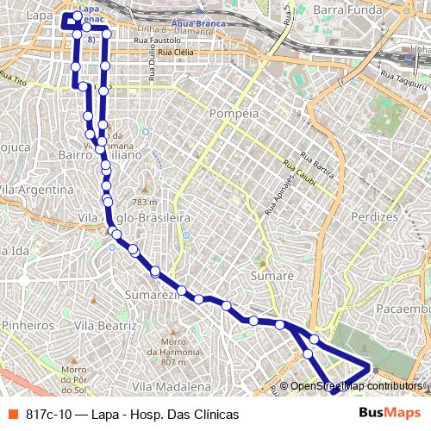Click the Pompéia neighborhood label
tap(234, 113)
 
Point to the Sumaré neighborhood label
tap(272, 276)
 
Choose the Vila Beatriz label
tap(105, 326)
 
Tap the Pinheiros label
tap(28, 326)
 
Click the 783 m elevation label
tap(144, 201)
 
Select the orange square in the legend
tap(13, 414)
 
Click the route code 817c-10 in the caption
tap(48, 415)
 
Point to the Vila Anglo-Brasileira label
tap(134, 218)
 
